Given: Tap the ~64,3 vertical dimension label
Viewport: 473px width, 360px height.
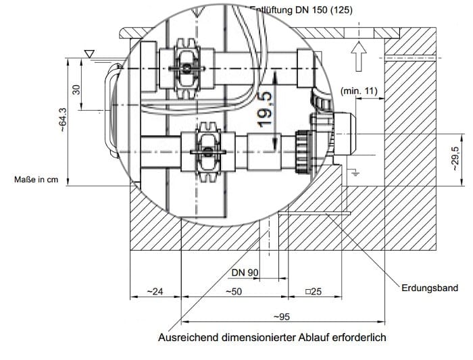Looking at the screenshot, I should pos(64,122).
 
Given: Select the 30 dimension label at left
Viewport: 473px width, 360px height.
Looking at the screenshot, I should pos(76,89).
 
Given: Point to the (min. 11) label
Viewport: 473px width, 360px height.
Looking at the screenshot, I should pos(359,91).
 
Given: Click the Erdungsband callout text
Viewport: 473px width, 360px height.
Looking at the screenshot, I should pos(429,288).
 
